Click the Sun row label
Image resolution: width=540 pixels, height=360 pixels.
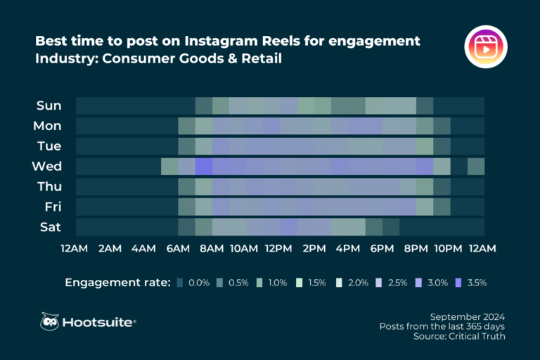(49, 105)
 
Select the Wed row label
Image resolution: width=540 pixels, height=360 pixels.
(47, 167)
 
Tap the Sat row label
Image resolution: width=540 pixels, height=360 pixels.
(50, 227)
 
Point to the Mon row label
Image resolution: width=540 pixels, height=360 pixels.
(47, 126)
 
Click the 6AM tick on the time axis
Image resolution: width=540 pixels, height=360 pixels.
(178, 248)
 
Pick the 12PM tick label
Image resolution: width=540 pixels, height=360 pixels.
(279, 248)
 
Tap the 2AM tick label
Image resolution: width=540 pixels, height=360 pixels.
(110, 248)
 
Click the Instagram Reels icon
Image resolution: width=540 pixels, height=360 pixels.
(486, 47)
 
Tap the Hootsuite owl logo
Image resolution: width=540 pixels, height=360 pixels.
(49, 321)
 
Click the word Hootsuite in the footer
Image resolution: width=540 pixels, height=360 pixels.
(97, 322)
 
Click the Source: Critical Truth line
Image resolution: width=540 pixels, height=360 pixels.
(459, 337)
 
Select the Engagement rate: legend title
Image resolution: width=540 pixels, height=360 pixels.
(118, 283)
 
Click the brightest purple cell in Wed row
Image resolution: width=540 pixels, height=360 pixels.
(203, 167)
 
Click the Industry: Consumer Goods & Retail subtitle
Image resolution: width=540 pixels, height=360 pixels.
(158, 58)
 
